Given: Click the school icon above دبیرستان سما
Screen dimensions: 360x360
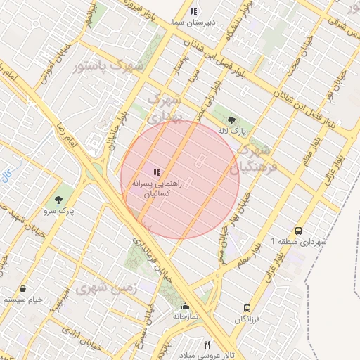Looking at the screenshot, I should point(194,11).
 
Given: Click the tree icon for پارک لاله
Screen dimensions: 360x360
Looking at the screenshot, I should point(232,120).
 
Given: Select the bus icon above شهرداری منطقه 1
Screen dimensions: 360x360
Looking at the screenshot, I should point(299,231).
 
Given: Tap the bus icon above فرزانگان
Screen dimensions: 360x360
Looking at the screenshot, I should point(247,308).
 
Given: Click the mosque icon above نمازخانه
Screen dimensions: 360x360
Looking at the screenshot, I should point(185,307).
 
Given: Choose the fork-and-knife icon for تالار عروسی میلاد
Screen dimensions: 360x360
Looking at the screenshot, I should point(207,345).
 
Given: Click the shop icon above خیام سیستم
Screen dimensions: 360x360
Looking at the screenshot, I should point(24,288).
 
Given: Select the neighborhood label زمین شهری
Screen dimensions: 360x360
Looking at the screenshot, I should point(101,289).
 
